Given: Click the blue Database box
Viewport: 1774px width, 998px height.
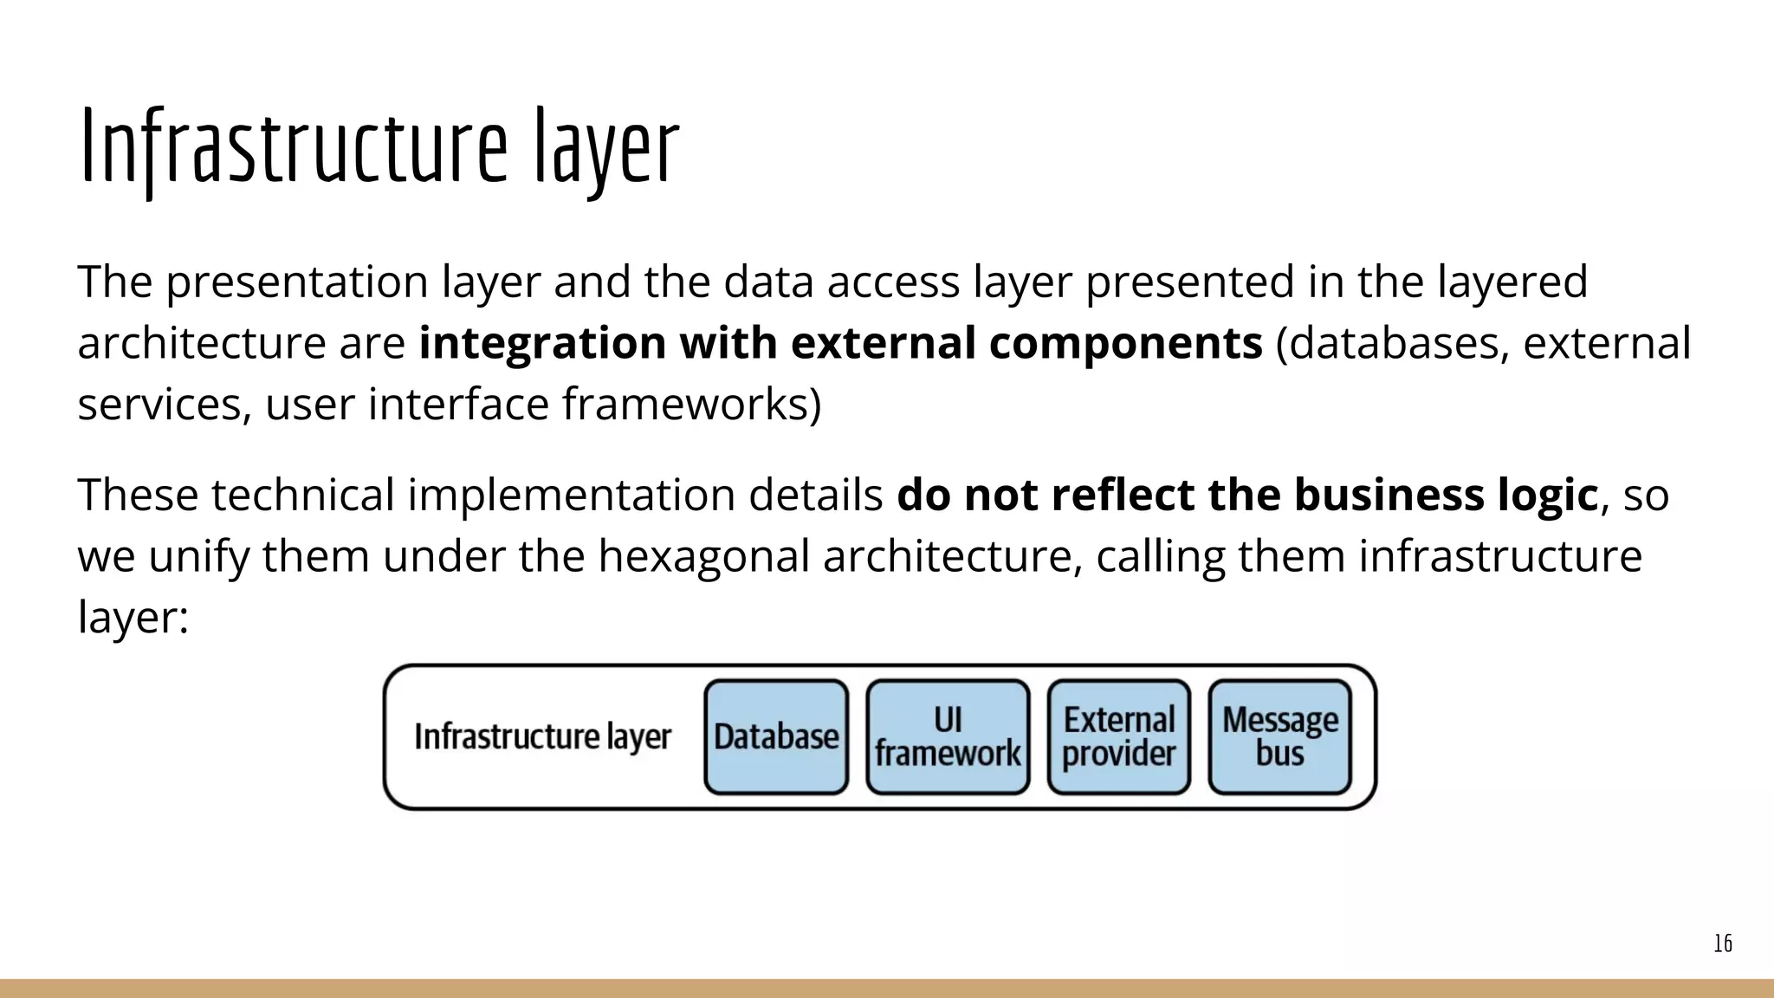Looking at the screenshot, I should [776, 737].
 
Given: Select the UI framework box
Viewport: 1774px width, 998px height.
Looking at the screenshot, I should [948, 737].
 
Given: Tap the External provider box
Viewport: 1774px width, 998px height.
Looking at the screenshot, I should [1118, 737].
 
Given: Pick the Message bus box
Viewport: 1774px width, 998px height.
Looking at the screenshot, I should [1279, 737].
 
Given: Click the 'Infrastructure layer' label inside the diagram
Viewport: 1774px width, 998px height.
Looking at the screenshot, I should [542, 737].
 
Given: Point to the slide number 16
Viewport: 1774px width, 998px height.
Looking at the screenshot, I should [1722, 943].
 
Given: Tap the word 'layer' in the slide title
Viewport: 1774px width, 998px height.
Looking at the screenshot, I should [605, 147].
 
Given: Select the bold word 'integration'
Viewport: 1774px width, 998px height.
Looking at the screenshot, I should [541, 343].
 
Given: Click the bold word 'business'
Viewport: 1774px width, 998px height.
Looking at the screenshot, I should [1388, 496].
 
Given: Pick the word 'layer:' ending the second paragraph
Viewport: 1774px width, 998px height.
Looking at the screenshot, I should [133, 618].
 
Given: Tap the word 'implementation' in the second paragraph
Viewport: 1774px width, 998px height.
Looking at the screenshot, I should [571, 496].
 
